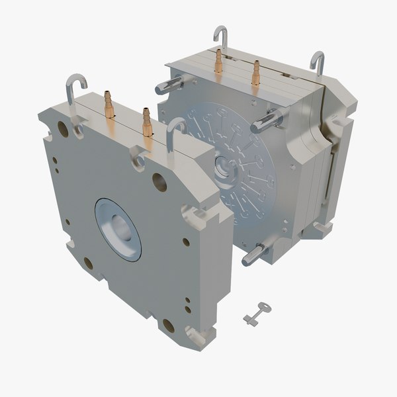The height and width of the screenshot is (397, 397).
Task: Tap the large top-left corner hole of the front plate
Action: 64,128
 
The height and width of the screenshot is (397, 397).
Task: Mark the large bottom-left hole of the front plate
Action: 88,263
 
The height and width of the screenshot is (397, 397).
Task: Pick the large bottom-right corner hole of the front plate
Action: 168,326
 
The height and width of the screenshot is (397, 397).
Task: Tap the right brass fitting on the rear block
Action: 255,73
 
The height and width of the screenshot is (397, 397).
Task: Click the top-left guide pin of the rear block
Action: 171,84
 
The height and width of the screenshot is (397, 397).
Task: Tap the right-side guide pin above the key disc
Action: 268,120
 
